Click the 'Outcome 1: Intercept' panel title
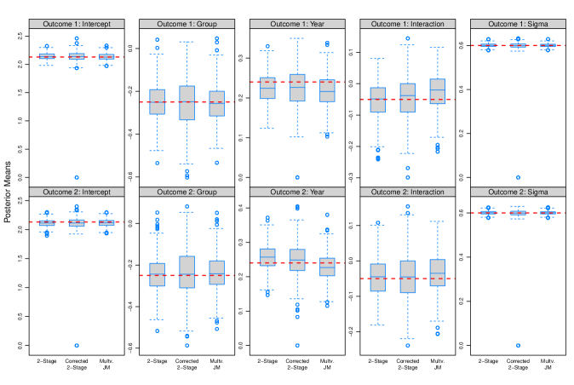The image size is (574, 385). coord(77,24)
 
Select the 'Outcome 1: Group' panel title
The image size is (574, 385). coord(187,24)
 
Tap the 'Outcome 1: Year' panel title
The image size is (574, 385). coord(297,24)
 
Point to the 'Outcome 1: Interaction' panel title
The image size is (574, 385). coord(407,24)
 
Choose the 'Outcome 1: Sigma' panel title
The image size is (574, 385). coord(518,24)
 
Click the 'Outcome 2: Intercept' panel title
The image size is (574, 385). coord(77,192)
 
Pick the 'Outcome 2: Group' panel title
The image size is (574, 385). coord(187,192)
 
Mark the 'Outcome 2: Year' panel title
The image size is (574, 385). coord(297,192)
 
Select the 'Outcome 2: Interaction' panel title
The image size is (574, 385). coord(407,192)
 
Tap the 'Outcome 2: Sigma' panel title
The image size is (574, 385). coord(518,192)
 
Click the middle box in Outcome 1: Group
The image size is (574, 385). coord(187,102)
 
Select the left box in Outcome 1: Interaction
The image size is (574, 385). coord(378,100)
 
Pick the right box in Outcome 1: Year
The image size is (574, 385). coord(327,91)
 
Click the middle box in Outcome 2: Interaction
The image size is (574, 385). coord(407,277)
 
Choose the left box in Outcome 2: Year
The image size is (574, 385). coord(267,256)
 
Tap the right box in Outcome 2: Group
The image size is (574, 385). coord(216,273)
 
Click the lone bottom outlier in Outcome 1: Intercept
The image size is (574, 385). coord(77,177)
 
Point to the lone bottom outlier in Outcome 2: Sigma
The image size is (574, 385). coord(518,345)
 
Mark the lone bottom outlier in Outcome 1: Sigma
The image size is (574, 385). coord(518,177)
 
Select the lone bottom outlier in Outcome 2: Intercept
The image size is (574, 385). coord(77,345)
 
